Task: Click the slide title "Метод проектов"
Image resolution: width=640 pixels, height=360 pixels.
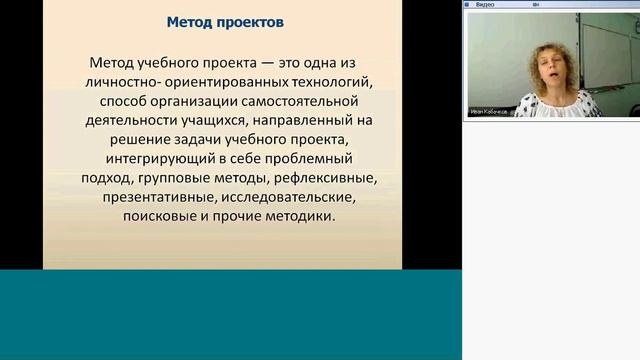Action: click(x=224, y=20)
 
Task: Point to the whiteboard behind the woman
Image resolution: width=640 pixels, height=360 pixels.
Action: click(x=500, y=50)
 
